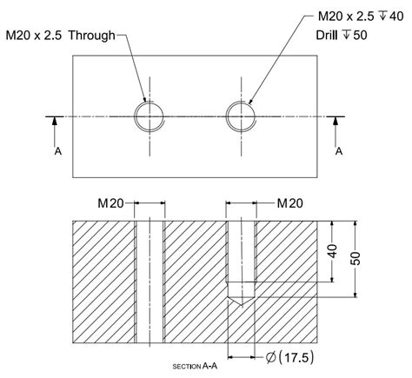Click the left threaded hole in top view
(x=150, y=116)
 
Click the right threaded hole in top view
(x=240, y=116)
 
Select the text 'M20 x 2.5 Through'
(x=60, y=37)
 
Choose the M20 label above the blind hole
(x=289, y=203)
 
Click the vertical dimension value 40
(x=332, y=253)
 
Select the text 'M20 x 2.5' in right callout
(x=338, y=17)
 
